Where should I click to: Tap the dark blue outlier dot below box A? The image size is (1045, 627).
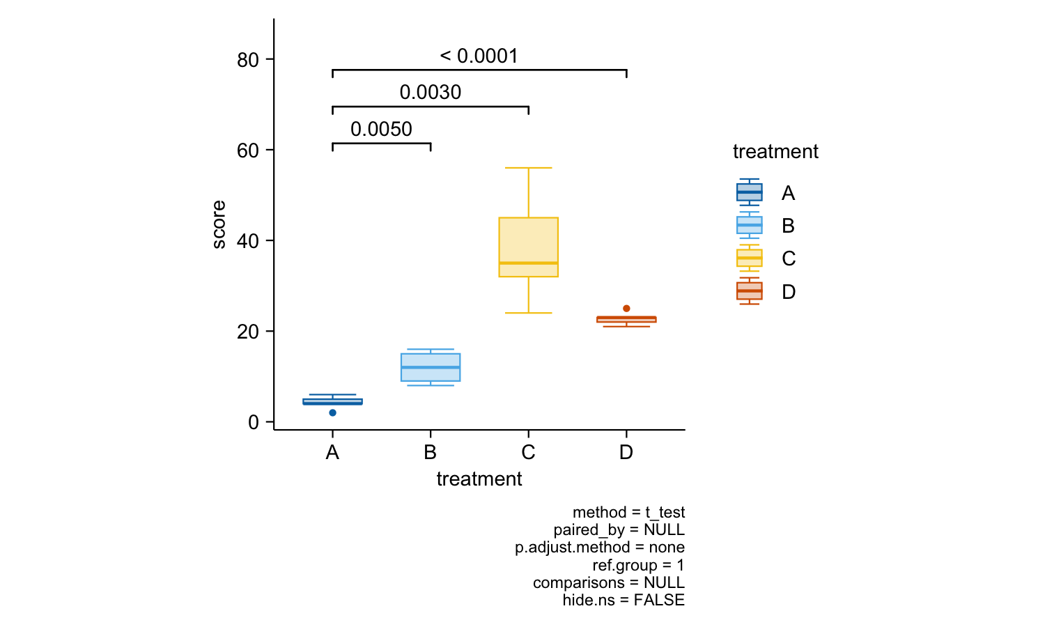point(333,413)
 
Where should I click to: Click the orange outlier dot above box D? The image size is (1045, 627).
point(626,309)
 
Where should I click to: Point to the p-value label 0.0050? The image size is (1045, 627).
point(381,130)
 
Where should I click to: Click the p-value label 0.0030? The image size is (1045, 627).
point(431,93)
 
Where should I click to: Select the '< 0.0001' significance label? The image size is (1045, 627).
point(479,56)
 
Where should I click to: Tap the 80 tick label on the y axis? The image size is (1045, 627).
point(247,60)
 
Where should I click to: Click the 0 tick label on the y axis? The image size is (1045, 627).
point(253,422)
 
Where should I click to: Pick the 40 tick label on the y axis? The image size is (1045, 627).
point(247,241)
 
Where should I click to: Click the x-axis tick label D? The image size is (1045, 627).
point(626,453)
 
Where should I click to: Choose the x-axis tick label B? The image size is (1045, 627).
point(431,453)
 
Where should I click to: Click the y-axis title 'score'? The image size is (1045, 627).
point(219,224)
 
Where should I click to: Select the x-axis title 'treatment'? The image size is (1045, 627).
point(479,479)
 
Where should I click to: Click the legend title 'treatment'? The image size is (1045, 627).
point(775,152)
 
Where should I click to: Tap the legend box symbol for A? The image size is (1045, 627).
point(750,192)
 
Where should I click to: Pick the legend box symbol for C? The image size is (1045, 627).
point(750,258)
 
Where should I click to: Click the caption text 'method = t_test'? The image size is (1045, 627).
point(628,513)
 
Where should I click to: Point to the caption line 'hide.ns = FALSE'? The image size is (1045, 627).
point(624,601)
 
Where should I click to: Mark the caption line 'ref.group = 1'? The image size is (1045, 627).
point(638,565)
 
